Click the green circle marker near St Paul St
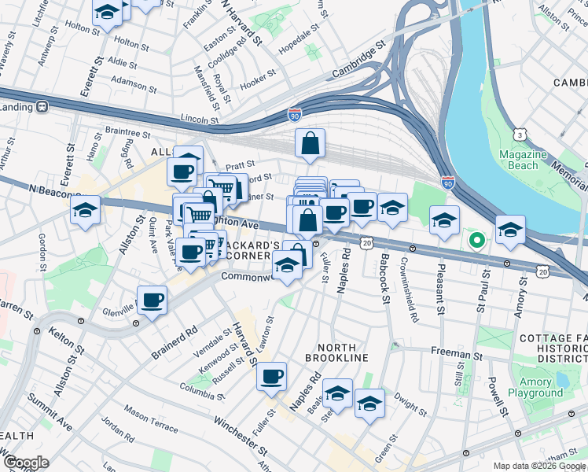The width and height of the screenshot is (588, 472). click(475, 240)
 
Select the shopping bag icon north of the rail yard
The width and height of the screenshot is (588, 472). click(311, 143)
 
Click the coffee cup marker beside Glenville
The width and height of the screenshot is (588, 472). click(152, 299)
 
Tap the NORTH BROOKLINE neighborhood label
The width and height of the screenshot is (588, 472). click(343, 352)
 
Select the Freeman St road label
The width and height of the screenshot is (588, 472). click(456, 356)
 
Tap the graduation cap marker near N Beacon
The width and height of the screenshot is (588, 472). click(85, 209)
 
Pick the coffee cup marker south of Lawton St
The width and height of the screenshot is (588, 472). click(271, 376)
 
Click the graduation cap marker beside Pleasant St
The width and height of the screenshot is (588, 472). click(444, 219)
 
